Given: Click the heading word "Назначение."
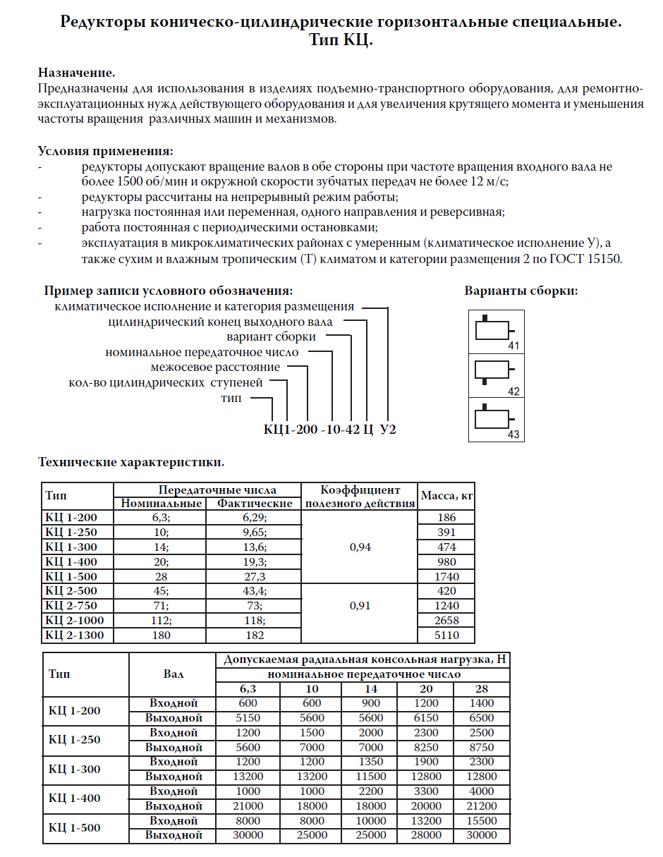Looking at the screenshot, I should (76, 73).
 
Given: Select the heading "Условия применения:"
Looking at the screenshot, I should (104, 151).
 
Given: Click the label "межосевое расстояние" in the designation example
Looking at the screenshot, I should (215, 367).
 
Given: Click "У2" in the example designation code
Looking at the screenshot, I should (389, 429).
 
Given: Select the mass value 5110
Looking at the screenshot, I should (446, 636).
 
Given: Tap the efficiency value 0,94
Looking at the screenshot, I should (360, 547).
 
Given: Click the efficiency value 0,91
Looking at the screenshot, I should (360, 606).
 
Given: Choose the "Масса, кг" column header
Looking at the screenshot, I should (446, 496).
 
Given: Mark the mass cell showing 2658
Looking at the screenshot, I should (446, 621).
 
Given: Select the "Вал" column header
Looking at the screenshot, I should (173, 674).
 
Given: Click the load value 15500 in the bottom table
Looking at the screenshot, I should (482, 821).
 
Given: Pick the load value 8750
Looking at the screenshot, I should (482, 748).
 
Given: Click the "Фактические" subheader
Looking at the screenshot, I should (255, 504).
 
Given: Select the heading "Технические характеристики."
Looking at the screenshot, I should (130, 463).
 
